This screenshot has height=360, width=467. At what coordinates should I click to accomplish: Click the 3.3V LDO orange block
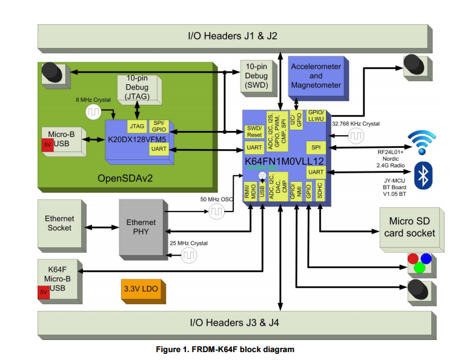(x=141, y=289)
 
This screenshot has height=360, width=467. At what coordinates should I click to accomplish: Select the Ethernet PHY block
(x=141, y=227)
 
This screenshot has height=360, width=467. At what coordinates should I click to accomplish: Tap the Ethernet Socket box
(x=59, y=224)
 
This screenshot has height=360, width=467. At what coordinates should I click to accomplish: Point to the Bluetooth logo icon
(x=422, y=176)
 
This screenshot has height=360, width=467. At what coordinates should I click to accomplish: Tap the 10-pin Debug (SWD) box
(x=256, y=77)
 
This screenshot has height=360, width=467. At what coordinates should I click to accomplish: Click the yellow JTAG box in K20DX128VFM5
(x=137, y=126)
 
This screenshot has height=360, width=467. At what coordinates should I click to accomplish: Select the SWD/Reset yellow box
(x=254, y=132)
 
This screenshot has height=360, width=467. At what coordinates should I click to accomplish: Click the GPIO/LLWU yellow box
(x=316, y=116)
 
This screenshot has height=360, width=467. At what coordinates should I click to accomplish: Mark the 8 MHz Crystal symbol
(x=94, y=112)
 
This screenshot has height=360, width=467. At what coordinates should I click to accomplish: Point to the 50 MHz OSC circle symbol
(x=216, y=212)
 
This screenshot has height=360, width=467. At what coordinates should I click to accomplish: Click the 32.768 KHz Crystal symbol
(x=356, y=137)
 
